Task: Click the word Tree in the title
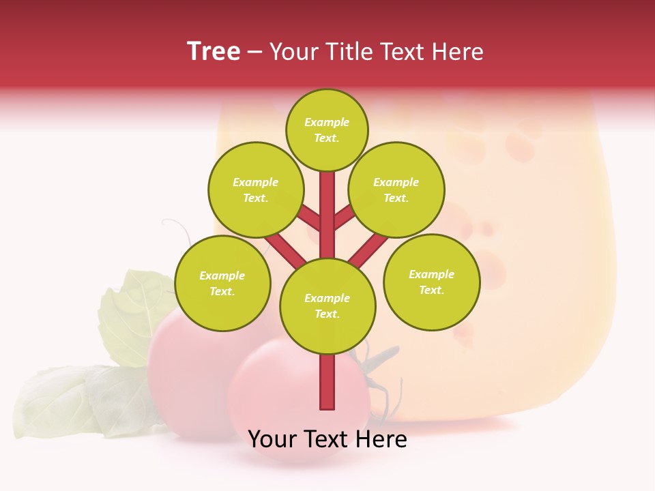[x=214, y=52]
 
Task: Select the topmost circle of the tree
[x=327, y=130]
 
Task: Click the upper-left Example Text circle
[x=255, y=190]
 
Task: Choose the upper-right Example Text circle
[x=396, y=190]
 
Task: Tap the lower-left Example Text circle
[x=222, y=283]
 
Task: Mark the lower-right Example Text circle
[x=431, y=282]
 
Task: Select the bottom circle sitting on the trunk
[x=327, y=306]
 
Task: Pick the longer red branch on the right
[x=367, y=248]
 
